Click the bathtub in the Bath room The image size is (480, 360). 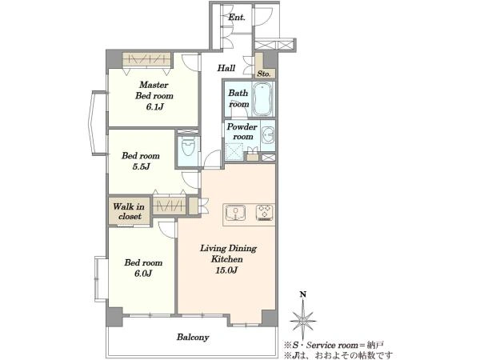263,98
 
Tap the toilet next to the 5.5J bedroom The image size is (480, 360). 188,147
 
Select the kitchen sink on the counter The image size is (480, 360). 235,213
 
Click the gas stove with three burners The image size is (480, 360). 265,213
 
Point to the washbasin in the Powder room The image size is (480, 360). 269,134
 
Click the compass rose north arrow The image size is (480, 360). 303,321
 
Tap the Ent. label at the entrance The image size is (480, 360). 237,18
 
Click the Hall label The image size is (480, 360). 226,68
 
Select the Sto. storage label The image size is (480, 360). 263,74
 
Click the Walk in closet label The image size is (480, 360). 129,211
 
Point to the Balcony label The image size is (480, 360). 193,338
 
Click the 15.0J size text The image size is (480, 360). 226,270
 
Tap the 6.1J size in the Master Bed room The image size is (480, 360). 154,107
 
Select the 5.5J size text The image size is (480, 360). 141,167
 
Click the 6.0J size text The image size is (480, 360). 143,274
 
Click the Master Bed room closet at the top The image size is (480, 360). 146,59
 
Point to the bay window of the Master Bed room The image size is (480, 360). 98,122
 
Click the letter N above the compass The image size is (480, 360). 303,294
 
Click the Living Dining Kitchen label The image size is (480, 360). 228,254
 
